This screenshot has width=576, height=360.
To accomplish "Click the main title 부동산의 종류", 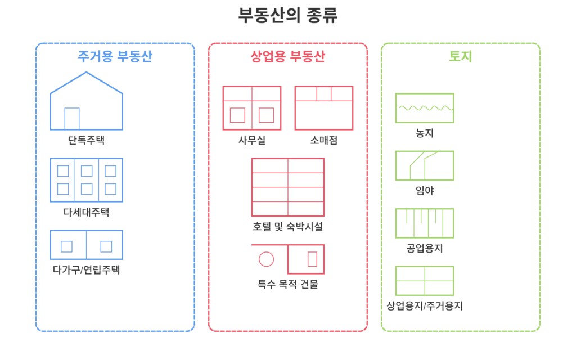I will pyautogui.click(x=287, y=15).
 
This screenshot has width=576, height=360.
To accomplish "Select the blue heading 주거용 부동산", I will pyautogui.click(x=115, y=57).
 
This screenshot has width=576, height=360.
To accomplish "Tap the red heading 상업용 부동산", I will pyautogui.click(x=287, y=57).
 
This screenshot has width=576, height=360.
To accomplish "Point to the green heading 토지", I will pyautogui.click(x=460, y=57).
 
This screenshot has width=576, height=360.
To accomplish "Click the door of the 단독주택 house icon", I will pyautogui.click(x=72, y=118).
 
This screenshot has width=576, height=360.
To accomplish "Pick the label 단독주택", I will pyautogui.click(x=86, y=140).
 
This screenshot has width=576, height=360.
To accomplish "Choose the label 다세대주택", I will pyautogui.click(x=86, y=212).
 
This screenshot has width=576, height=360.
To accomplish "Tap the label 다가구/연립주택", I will pyautogui.click(x=86, y=269).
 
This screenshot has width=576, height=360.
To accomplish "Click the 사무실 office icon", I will pyautogui.click(x=251, y=108).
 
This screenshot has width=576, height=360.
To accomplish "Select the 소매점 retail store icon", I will pyautogui.click(x=324, y=108).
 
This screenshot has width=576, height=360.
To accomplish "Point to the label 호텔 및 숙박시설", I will pyautogui.click(x=287, y=227).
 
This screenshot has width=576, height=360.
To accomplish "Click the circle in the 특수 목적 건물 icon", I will pyautogui.click(x=266, y=259).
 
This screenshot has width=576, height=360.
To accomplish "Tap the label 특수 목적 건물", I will pyautogui.click(x=287, y=284).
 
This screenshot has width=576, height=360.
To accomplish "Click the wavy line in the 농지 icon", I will pyautogui.click(x=425, y=107).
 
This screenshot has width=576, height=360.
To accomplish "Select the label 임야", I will pyautogui.click(x=425, y=190).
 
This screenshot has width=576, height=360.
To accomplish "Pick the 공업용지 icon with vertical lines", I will pyautogui.click(x=425, y=223).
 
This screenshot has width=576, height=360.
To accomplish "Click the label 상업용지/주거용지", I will pyautogui.click(x=425, y=306).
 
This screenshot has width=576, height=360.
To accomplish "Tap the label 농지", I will pyautogui.click(x=425, y=133).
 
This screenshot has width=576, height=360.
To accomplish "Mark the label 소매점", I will pyautogui.click(x=324, y=140).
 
